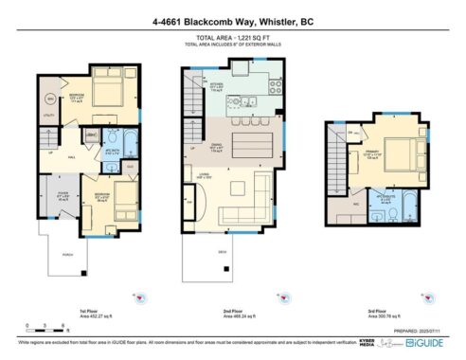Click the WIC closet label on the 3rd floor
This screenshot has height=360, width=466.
[x=343, y=202]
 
